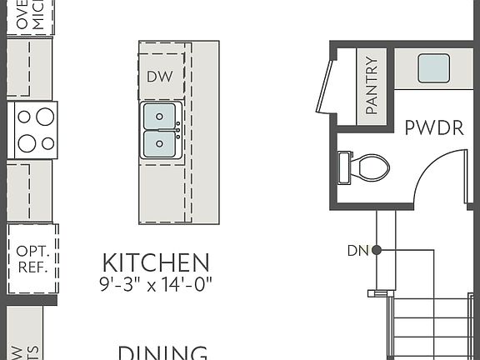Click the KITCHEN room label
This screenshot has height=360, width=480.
155,262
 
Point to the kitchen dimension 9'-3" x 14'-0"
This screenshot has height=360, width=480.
155,282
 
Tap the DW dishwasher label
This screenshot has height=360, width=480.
159,77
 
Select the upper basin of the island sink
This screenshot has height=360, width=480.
160,116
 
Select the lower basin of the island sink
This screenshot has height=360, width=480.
160,144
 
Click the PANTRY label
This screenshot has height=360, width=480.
372,85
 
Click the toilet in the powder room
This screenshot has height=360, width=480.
367,167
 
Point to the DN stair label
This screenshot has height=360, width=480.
357,250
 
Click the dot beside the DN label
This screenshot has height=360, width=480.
377,250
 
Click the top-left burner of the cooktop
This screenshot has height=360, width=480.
26,117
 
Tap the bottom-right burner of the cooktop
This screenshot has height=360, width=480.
47,143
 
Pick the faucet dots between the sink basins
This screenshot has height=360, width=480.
178,130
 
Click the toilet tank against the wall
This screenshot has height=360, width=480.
344,167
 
